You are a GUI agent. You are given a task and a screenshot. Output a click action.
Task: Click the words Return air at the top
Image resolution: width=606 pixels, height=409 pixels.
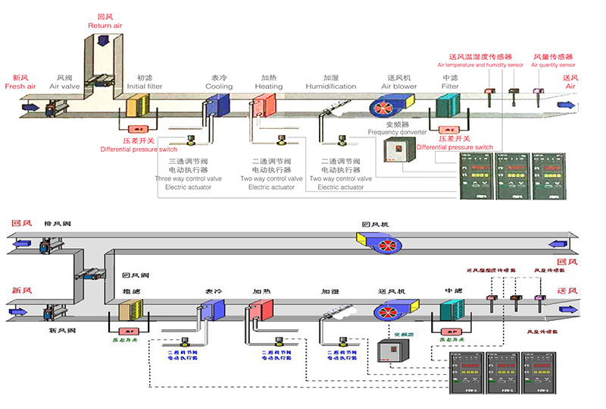[x=105, y=26]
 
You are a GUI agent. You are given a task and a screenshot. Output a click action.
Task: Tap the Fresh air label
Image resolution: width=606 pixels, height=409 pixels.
[x=20, y=87]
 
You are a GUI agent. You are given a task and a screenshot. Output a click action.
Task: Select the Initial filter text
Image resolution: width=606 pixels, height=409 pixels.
[x=144, y=87]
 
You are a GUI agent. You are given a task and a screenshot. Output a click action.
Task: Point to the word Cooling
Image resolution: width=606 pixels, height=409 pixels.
[x=219, y=87]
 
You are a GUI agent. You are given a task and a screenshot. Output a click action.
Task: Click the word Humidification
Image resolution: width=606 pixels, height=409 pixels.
[x=331, y=87]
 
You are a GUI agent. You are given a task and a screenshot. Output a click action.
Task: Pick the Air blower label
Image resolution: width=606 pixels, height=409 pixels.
[x=398, y=87]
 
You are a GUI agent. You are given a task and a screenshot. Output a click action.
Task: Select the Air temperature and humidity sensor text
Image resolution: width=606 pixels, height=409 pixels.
[x=480, y=65]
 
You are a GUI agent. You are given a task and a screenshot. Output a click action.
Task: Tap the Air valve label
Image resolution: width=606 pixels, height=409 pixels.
[x=64, y=87]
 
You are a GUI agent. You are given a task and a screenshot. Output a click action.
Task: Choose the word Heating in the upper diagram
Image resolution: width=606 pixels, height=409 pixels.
[x=268, y=87]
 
